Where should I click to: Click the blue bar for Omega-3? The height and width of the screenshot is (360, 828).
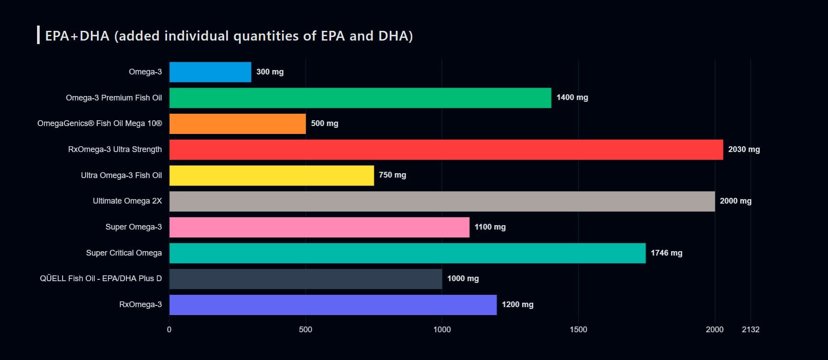(210, 72)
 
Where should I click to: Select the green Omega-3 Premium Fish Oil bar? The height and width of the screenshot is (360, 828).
(360, 98)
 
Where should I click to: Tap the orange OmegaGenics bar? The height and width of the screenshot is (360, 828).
(237, 124)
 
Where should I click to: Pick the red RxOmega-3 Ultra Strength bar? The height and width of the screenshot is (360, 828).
(446, 149)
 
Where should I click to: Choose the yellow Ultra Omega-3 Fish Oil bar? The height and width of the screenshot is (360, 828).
(272, 175)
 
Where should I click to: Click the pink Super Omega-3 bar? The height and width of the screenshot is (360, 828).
(319, 227)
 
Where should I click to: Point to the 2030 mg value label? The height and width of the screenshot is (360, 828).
(744, 149)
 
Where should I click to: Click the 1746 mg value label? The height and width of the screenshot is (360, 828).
(666, 253)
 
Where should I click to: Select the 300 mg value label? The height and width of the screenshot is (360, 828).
(270, 72)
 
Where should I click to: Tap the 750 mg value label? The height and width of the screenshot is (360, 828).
(392, 175)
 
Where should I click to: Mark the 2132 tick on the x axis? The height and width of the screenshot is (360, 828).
(750, 330)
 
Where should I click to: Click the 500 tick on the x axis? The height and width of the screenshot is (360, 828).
(305, 330)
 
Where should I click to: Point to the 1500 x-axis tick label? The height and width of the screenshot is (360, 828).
(578, 330)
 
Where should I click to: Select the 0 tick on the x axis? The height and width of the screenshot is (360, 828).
(169, 330)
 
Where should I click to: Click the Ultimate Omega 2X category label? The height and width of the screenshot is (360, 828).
(127, 201)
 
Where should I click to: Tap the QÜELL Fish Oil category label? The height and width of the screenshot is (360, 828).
(101, 278)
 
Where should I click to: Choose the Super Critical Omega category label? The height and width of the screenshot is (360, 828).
(123, 253)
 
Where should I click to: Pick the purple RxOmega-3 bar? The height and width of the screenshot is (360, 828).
(333, 304)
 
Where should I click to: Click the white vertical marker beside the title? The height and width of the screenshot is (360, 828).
(38, 35)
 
